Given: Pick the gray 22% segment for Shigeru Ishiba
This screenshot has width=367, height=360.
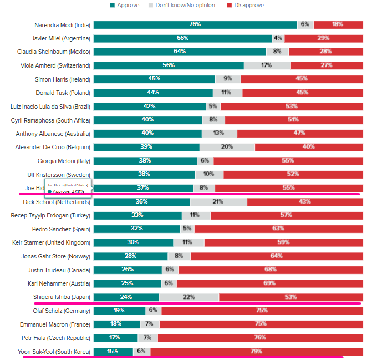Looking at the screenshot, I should coord(189,297).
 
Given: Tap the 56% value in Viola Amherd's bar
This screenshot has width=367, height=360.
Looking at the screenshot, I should coord(169,65).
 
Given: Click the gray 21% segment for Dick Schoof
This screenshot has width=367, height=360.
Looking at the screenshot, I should coord(217,201).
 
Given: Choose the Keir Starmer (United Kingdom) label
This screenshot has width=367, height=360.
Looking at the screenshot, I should coord(51,242).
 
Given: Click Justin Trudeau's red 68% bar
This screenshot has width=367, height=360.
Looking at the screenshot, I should coord(271,270).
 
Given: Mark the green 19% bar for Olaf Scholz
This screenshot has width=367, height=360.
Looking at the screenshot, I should coord(119,310).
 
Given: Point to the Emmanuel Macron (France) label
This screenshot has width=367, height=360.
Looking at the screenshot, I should coord(55,324).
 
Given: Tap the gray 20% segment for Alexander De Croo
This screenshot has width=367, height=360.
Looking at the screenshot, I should coord(227,147).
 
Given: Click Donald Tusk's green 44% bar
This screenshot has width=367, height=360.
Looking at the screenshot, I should coord(153,93).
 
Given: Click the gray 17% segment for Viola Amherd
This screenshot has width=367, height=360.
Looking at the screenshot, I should coord(267,65).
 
